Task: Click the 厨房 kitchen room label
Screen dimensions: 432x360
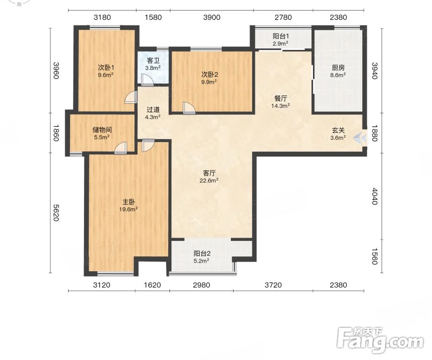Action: (x=338, y=68)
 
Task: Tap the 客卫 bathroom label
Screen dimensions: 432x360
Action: (x=153, y=60)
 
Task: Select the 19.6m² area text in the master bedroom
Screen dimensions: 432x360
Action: (x=128, y=209)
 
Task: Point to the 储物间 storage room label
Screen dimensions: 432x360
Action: (x=102, y=130)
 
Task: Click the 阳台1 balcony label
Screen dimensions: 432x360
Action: (x=281, y=36)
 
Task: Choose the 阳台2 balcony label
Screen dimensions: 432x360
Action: (x=202, y=253)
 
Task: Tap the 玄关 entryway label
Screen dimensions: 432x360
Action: (x=338, y=130)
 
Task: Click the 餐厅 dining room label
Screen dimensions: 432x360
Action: (x=280, y=98)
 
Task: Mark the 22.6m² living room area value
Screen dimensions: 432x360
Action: (x=209, y=180)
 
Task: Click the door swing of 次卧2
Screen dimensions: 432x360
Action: (x=189, y=108)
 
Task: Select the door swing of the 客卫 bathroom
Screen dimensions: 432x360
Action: (x=147, y=80)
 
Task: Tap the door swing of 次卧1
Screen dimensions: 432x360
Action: (x=131, y=97)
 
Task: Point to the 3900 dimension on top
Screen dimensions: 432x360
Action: (x=212, y=17)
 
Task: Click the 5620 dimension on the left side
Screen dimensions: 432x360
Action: (x=56, y=213)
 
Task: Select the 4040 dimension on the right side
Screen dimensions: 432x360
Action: (x=374, y=196)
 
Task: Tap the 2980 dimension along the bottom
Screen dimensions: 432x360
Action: (x=202, y=285)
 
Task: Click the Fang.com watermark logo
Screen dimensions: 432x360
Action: (x=381, y=340)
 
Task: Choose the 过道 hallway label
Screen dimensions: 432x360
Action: (x=153, y=109)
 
